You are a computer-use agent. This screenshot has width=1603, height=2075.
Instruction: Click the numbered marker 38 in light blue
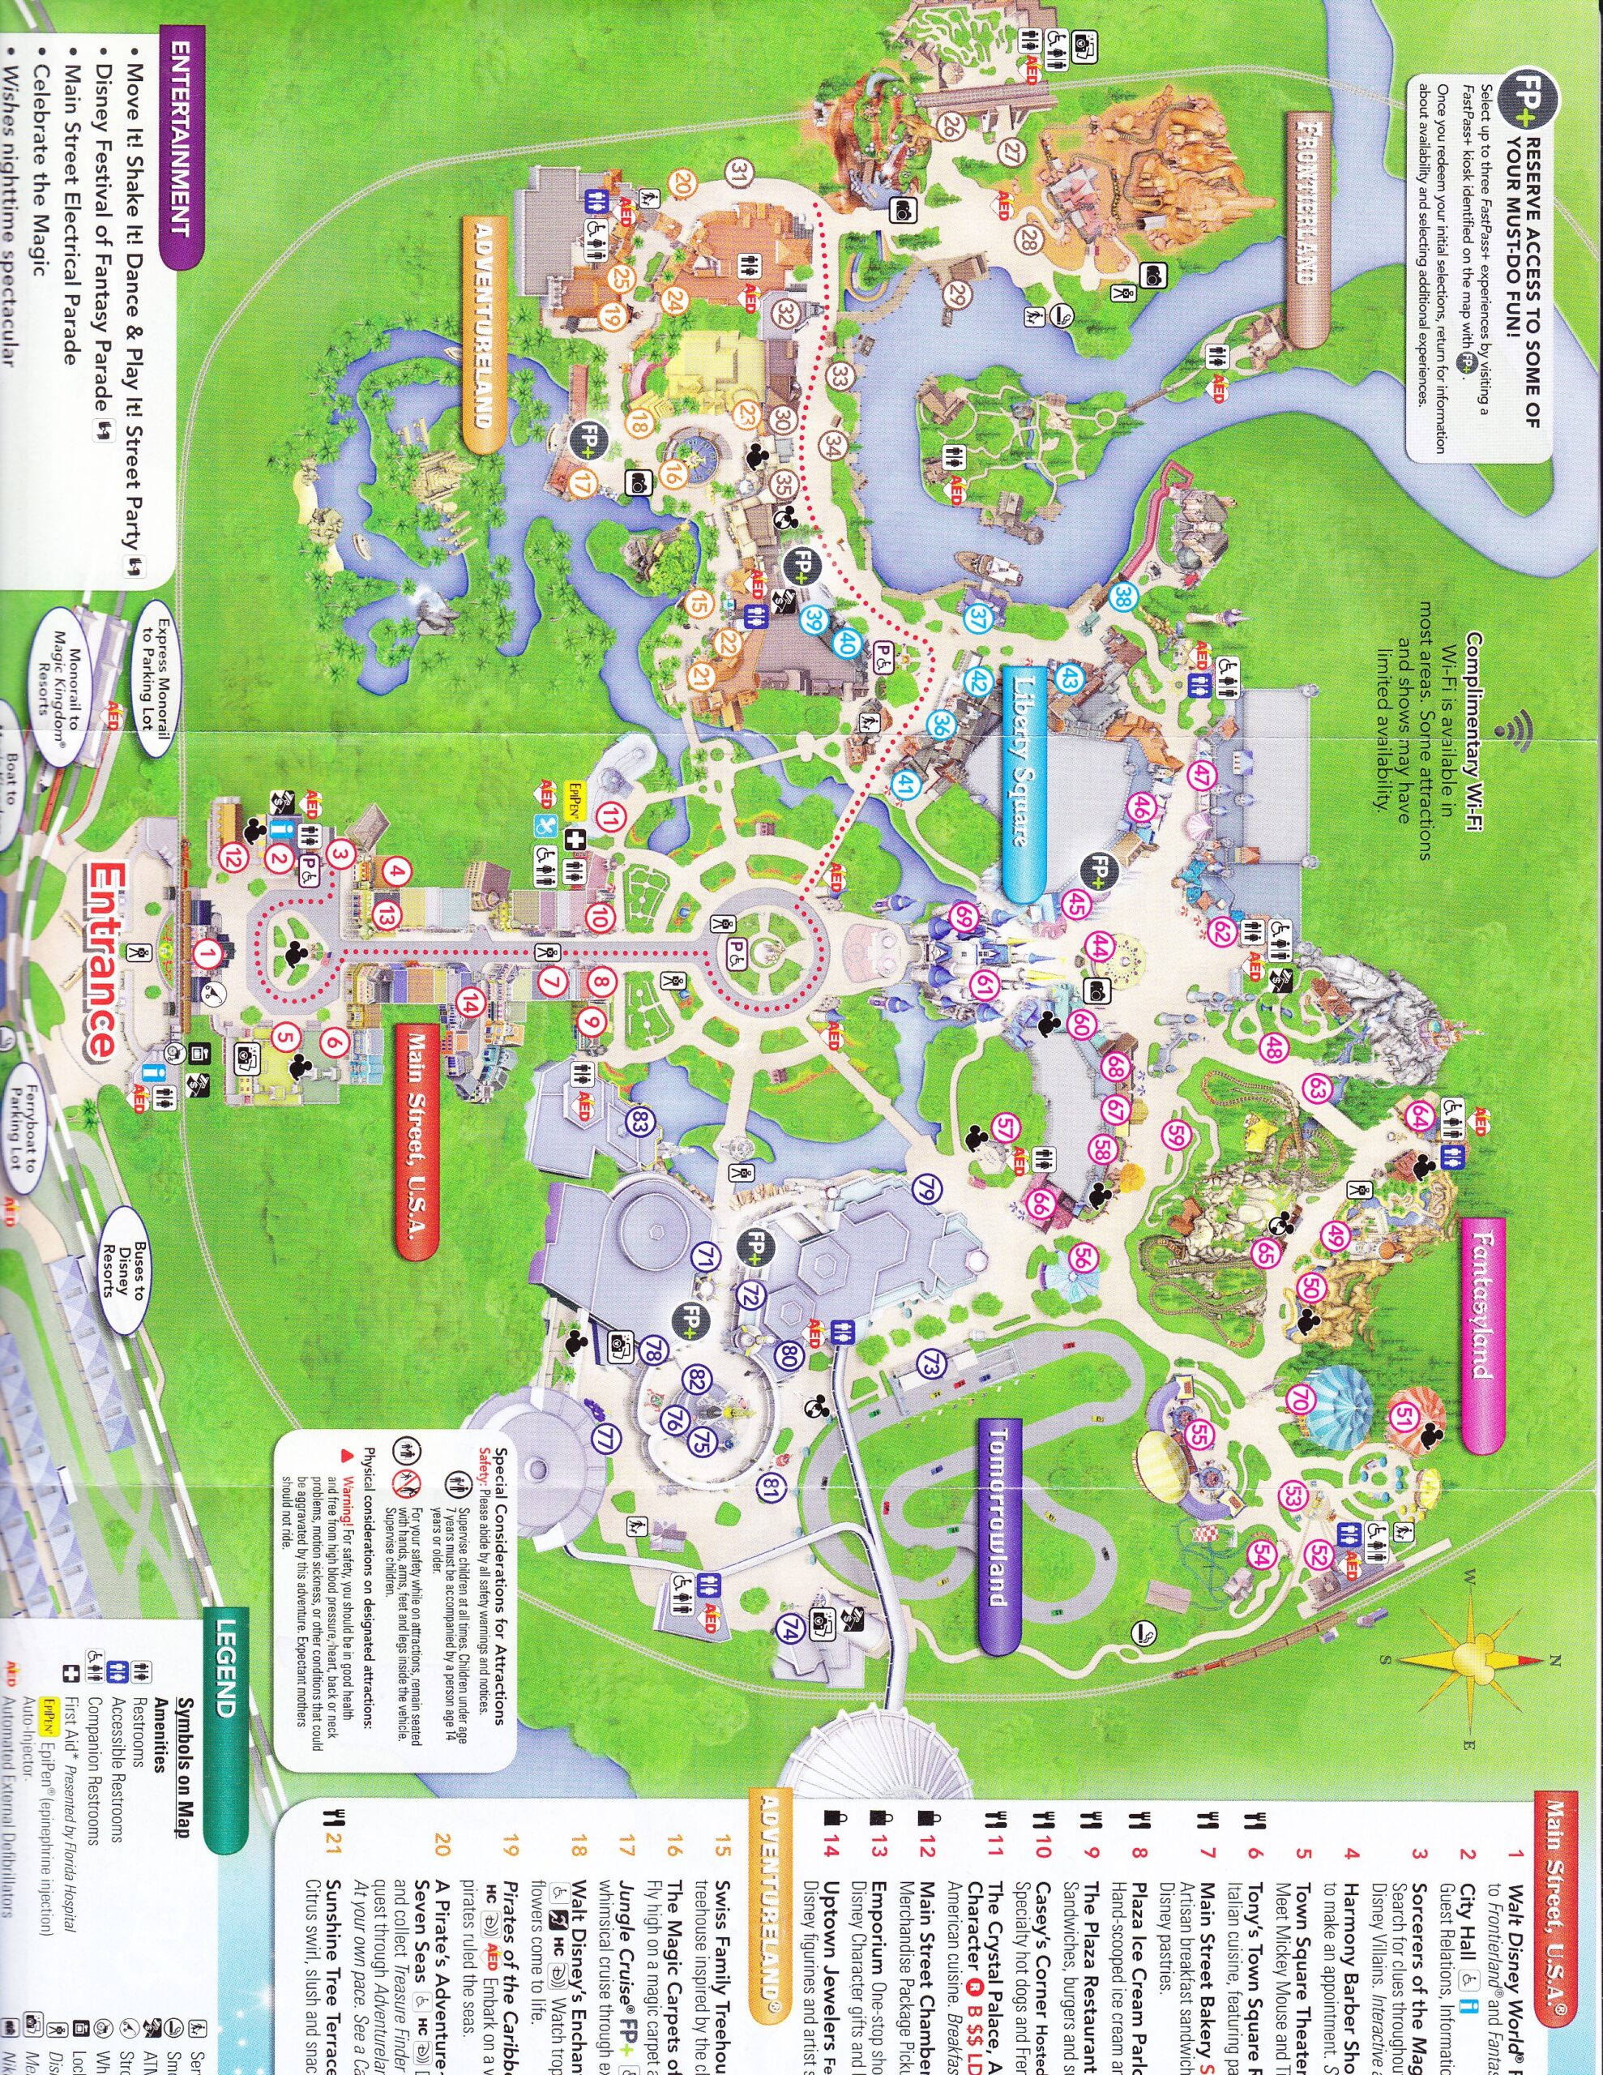(1124, 597)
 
